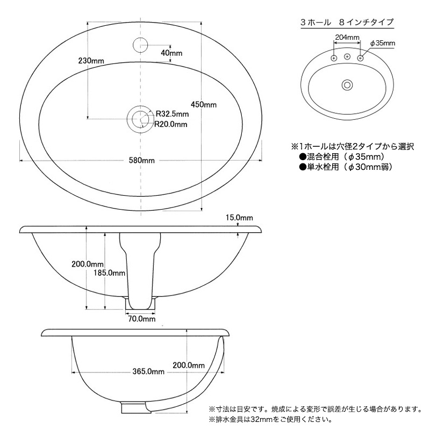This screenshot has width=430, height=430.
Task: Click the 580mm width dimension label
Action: (x=142, y=160)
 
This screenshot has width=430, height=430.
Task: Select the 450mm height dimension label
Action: (x=204, y=104)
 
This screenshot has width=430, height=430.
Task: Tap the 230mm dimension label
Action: (x=91, y=61)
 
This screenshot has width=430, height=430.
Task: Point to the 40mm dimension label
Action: (x=171, y=53)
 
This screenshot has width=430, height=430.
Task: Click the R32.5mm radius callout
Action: (x=172, y=113)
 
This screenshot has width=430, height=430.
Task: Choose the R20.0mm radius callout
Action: (x=170, y=124)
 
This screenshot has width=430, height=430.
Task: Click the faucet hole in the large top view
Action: (x=140, y=45)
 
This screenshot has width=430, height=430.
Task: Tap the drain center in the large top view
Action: (x=140, y=119)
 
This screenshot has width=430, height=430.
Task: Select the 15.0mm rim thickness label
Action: (x=239, y=218)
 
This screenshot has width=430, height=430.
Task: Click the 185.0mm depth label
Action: (x=109, y=273)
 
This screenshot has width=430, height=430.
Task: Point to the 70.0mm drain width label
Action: (x=142, y=319)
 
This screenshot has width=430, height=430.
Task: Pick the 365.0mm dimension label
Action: (x=148, y=371)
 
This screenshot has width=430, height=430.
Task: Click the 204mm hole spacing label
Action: (x=347, y=37)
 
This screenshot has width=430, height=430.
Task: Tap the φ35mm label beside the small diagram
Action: (x=383, y=43)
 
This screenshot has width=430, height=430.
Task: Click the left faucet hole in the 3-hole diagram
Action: (x=334, y=58)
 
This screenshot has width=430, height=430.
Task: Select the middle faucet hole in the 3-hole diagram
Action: (x=347, y=56)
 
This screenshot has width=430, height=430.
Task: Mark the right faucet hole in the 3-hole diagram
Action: (x=360, y=58)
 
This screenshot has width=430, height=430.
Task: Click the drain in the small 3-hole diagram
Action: (x=347, y=85)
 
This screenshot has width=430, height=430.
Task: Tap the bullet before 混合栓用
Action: (x=303, y=156)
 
